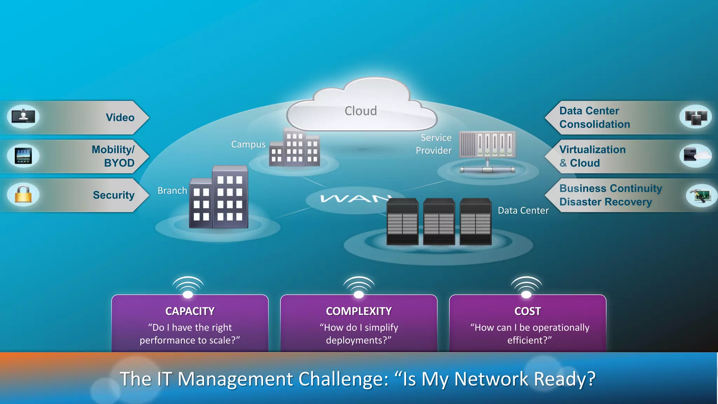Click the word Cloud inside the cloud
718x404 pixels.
360,111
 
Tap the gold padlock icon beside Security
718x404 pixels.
23,194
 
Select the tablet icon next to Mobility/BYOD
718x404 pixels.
23,156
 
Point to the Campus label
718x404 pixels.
248,144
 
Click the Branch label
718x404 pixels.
172,190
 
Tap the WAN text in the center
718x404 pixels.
354,199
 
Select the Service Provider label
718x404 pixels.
434,144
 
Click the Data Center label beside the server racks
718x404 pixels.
523,210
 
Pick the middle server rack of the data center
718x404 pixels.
439,222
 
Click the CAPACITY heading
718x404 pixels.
190,311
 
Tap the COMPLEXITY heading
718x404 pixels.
359,311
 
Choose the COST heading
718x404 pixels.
527,311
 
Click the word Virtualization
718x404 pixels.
592,150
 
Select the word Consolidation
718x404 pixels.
595,124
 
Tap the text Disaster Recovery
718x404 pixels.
605,202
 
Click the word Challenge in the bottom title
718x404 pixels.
343,379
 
